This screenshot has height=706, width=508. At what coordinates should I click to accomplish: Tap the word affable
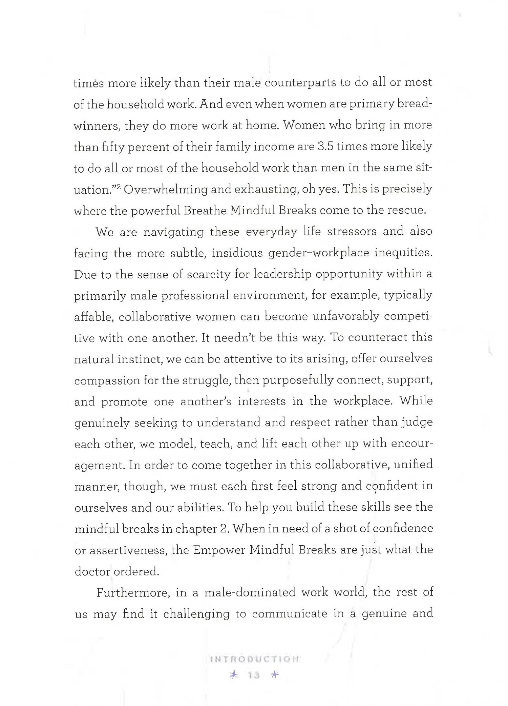(x=92, y=317)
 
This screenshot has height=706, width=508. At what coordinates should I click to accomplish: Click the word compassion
(x=107, y=380)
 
